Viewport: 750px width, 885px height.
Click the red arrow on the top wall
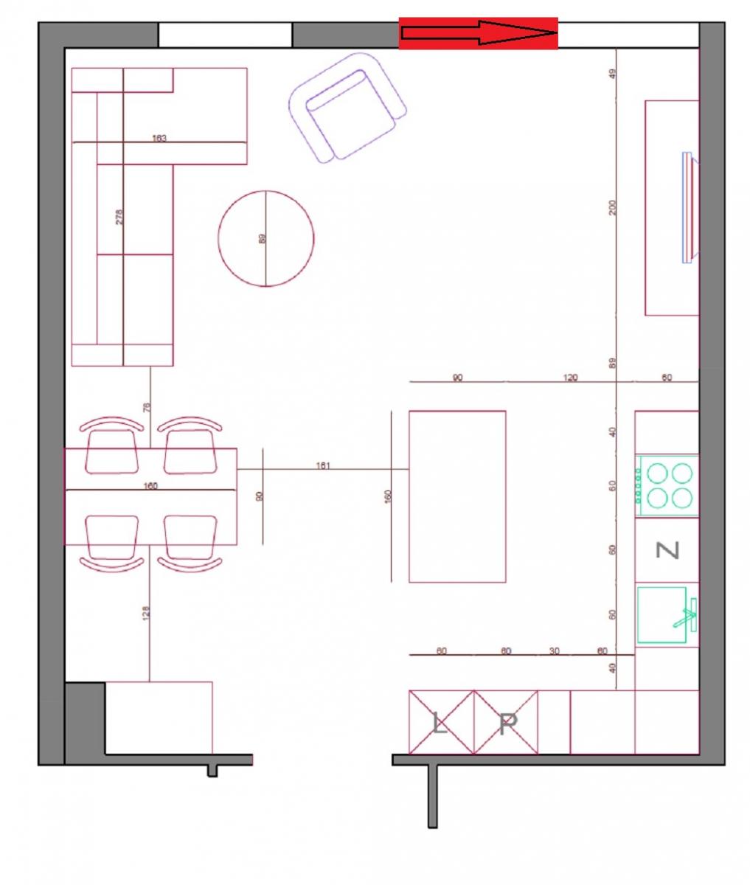coord(478,33)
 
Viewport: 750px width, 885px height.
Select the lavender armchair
coord(347,107)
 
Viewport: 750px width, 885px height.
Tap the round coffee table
coord(266,238)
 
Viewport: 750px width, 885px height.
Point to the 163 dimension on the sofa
coord(159,138)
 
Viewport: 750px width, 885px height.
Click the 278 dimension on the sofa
coord(120,217)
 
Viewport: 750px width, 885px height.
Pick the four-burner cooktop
coord(667,485)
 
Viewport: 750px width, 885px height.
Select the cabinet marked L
coord(440,723)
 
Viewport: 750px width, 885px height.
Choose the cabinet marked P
coord(506,723)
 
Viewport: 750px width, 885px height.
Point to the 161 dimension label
coord(323,465)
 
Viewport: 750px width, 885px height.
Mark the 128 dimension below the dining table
coord(145,612)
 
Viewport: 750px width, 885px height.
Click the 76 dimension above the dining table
coord(146,407)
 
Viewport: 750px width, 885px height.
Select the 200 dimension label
coord(612,208)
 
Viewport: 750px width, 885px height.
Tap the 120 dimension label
coord(570,378)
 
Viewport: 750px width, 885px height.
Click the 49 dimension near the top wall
coord(612,74)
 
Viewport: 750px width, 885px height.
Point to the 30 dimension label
coord(554,650)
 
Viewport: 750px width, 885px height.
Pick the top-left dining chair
coord(112,447)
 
